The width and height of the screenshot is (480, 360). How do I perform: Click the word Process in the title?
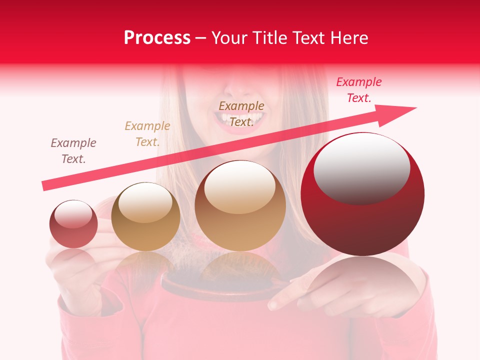click(x=157, y=38)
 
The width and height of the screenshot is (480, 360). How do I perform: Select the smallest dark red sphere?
click(x=73, y=224)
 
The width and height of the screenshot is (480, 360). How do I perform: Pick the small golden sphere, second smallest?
click(x=145, y=216)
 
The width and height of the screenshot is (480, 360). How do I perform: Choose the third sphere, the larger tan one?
click(x=240, y=205)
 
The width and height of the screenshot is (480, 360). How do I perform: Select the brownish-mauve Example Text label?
click(x=73, y=151)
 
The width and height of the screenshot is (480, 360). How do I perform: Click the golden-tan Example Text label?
click(x=147, y=134)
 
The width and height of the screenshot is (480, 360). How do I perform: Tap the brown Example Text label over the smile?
click(x=241, y=114)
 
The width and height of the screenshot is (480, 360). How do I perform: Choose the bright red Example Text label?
click(x=358, y=90)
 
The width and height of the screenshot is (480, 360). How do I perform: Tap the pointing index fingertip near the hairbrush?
click(x=273, y=304)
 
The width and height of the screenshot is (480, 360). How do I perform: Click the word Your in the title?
click(x=230, y=38)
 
